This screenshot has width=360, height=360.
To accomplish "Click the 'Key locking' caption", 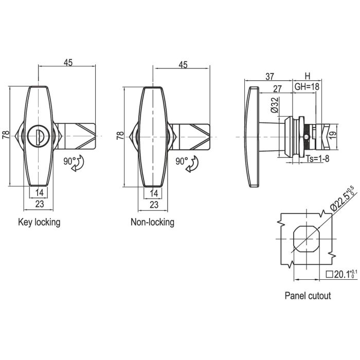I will point(39,222).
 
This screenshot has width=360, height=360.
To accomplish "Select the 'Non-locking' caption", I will point(152,222).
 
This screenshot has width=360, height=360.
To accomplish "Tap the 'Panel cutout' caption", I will point(308,296).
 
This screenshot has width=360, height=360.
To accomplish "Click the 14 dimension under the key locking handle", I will point(39,193).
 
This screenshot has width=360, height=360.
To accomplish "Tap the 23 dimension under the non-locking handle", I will point(153,204).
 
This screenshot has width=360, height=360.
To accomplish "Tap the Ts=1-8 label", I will point(317,159).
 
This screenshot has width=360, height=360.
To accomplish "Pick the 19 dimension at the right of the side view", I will point(333,136).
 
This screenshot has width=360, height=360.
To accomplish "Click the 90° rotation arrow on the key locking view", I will point(79,165).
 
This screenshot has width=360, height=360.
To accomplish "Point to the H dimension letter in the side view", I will point(308,76).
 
